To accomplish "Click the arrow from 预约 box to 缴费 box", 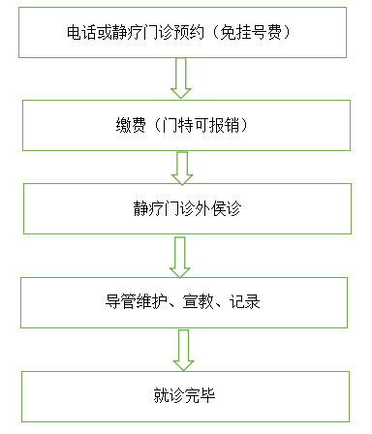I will (x=180, y=77).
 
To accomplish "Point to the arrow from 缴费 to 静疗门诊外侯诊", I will (x=181, y=168).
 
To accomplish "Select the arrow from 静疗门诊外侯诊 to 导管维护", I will (x=180, y=255).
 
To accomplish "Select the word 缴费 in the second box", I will (x=127, y=125).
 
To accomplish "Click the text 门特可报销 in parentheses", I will (x=195, y=125).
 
